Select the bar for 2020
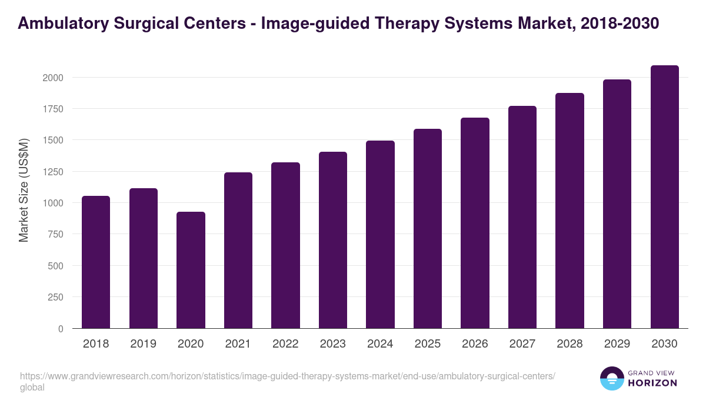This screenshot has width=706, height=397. [191, 270]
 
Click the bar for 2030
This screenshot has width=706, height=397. [664, 197]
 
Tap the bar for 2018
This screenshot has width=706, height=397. [96, 262]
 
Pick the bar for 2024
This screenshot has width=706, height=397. [380, 235]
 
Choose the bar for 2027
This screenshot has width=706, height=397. [522, 217]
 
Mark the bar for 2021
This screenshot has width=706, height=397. [238, 251]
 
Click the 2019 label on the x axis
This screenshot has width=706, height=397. [143, 344]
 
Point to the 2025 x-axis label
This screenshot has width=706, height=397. [427, 344]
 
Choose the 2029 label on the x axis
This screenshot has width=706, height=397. [617, 344]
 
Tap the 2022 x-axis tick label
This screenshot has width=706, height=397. [285, 344]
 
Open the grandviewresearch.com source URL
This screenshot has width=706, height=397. [287, 376]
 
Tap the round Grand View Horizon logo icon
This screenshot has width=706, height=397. [612, 378]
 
